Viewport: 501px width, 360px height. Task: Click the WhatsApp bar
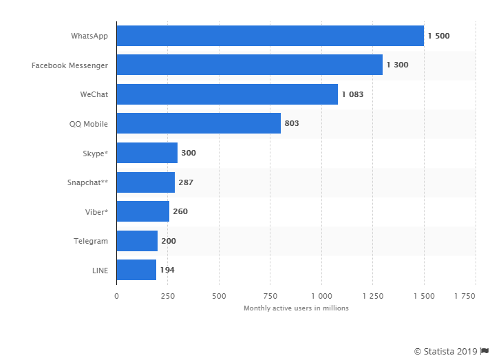click(270, 36)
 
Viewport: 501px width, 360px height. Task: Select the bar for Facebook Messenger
click(249, 65)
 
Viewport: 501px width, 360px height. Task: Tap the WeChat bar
click(227, 94)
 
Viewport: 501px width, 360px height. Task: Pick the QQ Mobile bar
click(198, 123)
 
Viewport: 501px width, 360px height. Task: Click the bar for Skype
click(147, 153)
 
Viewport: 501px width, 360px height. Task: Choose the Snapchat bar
click(145, 182)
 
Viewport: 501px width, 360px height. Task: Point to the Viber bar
click(142, 211)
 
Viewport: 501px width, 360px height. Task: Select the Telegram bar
click(136, 241)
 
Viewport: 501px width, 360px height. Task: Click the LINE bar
click(136, 270)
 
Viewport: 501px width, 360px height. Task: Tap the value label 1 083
click(352, 94)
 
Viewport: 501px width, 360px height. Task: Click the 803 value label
click(292, 124)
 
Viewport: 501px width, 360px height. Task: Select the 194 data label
click(167, 270)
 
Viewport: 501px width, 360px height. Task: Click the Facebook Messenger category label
click(70, 65)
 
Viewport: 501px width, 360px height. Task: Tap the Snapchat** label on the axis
click(87, 182)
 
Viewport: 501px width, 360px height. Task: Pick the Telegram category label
click(91, 241)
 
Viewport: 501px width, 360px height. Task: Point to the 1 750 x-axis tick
click(465, 296)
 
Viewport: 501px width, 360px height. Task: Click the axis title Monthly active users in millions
click(296, 308)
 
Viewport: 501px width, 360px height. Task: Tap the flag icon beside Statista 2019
click(484, 351)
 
